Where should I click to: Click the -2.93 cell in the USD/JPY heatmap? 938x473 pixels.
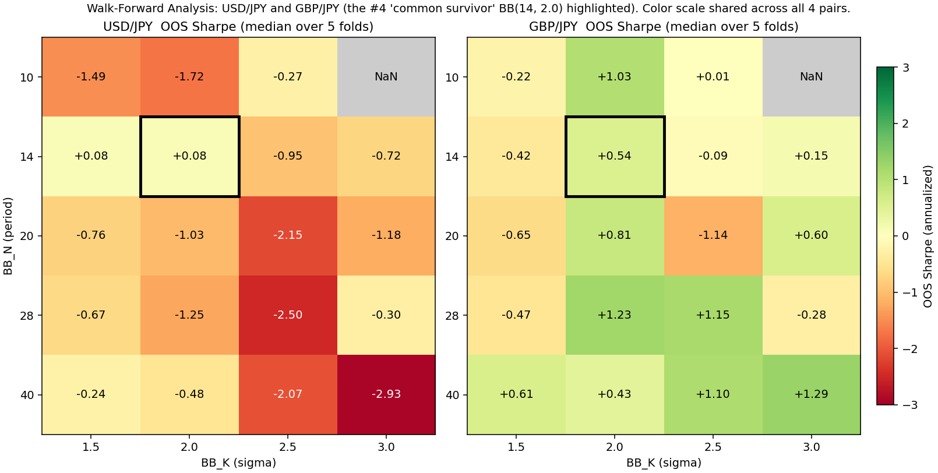point(386,394)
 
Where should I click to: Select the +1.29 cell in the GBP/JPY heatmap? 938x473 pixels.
point(811,394)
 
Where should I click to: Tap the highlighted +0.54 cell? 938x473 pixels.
point(615,156)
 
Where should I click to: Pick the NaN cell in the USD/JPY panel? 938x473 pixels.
point(386,77)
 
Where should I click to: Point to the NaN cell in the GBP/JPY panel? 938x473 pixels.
point(811,77)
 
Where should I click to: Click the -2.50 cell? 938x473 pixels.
point(288,315)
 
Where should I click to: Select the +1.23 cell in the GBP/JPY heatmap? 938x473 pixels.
point(615,315)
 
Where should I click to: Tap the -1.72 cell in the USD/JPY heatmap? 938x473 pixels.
point(190,77)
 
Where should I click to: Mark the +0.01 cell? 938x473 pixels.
point(713,77)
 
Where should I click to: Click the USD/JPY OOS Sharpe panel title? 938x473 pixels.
point(238,27)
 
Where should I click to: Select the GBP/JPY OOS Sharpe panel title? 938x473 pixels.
point(664,27)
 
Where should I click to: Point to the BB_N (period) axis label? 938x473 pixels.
point(8,236)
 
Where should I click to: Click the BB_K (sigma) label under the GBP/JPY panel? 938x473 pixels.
point(664,463)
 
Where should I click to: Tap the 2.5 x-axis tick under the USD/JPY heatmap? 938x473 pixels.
point(288,447)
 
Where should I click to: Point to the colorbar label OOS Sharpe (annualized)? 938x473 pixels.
point(928,236)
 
